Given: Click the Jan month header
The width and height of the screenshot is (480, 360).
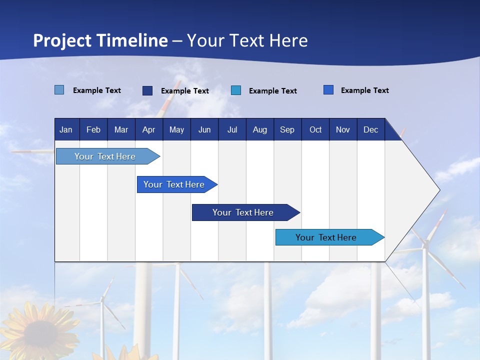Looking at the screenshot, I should pyautogui.click(x=66, y=129).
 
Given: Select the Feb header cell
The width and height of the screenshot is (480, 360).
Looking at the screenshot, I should pyautogui.click(x=93, y=129).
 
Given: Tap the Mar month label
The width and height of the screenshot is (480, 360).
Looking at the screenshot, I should pyautogui.click(x=121, y=129).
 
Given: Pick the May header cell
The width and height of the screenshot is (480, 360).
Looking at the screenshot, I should pyautogui.click(x=176, y=129).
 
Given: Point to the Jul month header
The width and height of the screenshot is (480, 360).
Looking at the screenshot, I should pyautogui.click(x=232, y=129).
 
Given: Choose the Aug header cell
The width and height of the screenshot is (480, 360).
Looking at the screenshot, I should pyautogui.click(x=260, y=129).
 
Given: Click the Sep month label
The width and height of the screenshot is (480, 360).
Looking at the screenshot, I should pyautogui.click(x=287, y=129).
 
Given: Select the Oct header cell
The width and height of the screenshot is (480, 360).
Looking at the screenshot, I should pyautogui.click(x=315, y=129).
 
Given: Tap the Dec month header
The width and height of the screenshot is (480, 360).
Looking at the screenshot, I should pyautogui.click(x=371, y=129).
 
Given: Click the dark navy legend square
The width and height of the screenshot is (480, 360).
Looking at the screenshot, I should pyautogui.click(x=147, y=90).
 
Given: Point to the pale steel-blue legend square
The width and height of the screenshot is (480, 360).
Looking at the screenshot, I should pyautogui.click(x=59, y=90).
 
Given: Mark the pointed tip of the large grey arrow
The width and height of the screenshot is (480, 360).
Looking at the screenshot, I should pyautogui.click(x=439, y=190).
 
